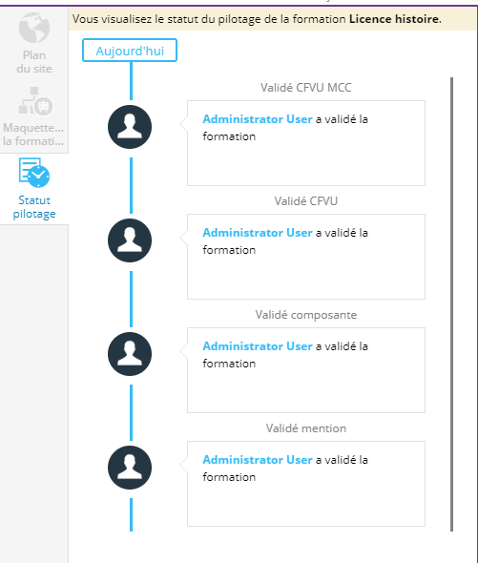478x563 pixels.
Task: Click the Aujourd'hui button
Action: pyautogui.click(x=130, y=51)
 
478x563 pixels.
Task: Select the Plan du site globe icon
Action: pyautogui.click(x=34, y=28)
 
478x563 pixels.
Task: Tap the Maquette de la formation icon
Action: pyautogui.click(x=35, y=100)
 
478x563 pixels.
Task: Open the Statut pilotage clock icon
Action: pyautogui.click(x=34, y=173)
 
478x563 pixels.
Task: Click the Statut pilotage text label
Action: pyautogui.click(x=34, y=207)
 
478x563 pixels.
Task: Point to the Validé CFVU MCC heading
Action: pyautogui.click(x=306, y=88)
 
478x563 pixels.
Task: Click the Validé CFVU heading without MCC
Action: pyautogui.click(x=306, y=201)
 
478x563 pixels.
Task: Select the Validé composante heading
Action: pyautogui.click(x=306, y=315)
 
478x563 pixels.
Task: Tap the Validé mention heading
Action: pyautogui.click(x=306, y=428)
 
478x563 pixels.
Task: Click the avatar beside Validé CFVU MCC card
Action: pyautogui.click(x=130, y=127)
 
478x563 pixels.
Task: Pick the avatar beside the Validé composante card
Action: pyautogui.click(x=130, y=354)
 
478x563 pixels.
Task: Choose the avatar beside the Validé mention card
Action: pyautogui.click(x=130, y=468)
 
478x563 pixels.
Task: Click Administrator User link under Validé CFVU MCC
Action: pyautogui.click(x=258, y=119)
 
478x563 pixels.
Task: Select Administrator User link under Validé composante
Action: pyautogui.click(x=258, y=346)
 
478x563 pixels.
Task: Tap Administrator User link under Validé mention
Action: pyautogui.click(x=258, y=460)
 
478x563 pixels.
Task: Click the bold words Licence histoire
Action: pyautogui.click(x=394, y=19)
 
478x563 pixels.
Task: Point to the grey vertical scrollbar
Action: pyautogui.click(x=452, y=304)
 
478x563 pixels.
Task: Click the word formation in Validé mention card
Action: pyautogui.click(x=229, y=477)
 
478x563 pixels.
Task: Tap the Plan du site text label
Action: pyautogui.click(x=34, y=62)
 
